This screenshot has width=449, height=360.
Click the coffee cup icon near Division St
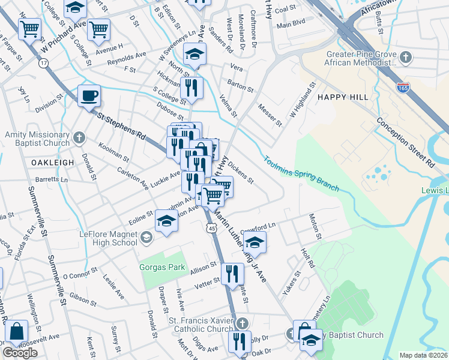click(89, 95)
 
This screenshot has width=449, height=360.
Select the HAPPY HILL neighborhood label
click(339, 97)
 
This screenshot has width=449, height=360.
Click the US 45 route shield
click(211, 228)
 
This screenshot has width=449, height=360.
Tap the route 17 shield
click(43, 62)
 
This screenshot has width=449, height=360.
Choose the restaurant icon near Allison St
click(232, 274)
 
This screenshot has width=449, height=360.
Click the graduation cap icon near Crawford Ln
click(255, 243)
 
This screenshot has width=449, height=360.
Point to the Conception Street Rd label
click(405, 142)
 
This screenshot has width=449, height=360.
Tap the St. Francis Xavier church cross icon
click(241, 323)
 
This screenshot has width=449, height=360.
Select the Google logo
click(20, 352)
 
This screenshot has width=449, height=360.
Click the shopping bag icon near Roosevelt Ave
click(16, 331)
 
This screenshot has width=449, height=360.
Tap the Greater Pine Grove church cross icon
click(406, 58)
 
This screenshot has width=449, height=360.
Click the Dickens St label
click(241, 172)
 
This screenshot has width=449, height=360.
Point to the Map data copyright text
click(423, 355)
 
